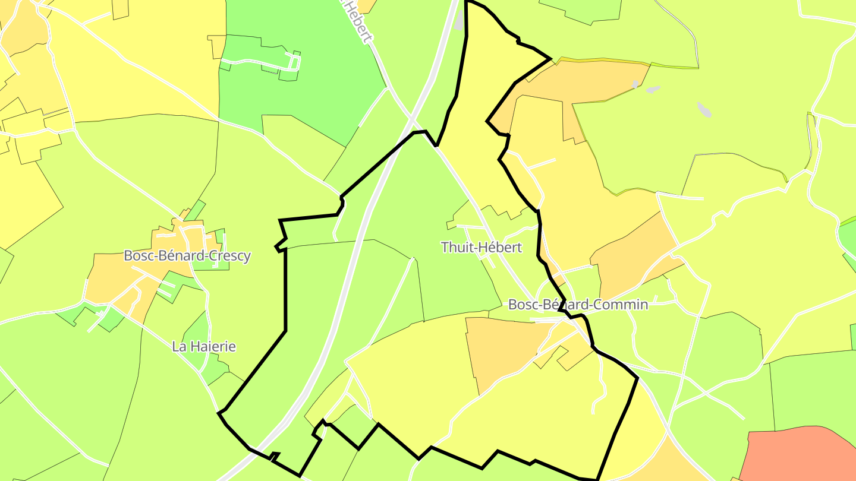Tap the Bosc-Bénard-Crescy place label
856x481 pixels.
[x=187, y=256]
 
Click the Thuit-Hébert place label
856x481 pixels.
[x=481, y=248]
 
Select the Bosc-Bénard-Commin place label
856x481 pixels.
[x=578, y=305]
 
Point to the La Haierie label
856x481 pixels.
[x=204, y=346]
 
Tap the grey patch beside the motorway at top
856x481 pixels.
[x=458, y=21]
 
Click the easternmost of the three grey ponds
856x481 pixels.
[x=704, y=110]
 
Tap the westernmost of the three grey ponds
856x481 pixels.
[x=635, y=84]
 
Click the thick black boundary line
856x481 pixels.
[x=285, y=285]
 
